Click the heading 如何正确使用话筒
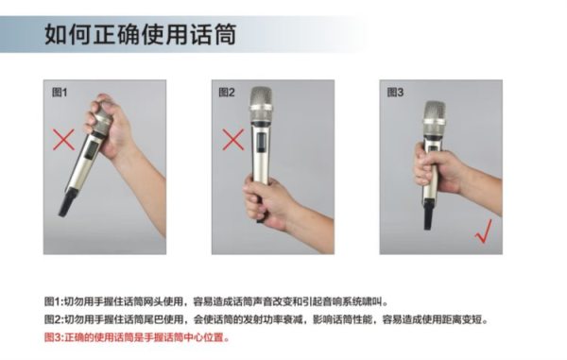point(140,34)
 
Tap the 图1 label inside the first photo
point(60,93)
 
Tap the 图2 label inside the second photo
point(227,93)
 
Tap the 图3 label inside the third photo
point(395,93)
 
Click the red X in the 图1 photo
point(63,139)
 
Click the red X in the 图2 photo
point(233,140)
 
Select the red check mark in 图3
point(484,231)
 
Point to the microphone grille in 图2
point(262,104)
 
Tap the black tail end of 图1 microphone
point(67,203)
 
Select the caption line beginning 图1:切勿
point(215,301)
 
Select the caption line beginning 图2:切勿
point(266,319)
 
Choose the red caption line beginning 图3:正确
point(137,337)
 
